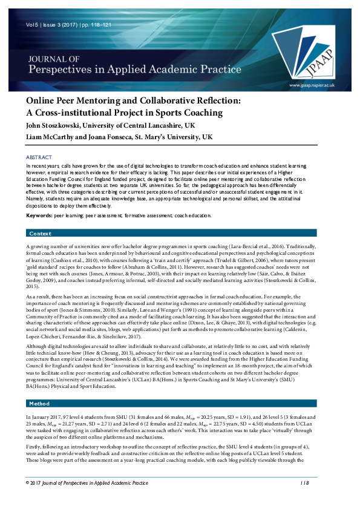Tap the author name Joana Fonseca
click(x=117, y=137)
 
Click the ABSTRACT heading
click(x=39, y=157)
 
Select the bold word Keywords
click(x=39, y=215)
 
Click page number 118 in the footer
click(x=304, y=500)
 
